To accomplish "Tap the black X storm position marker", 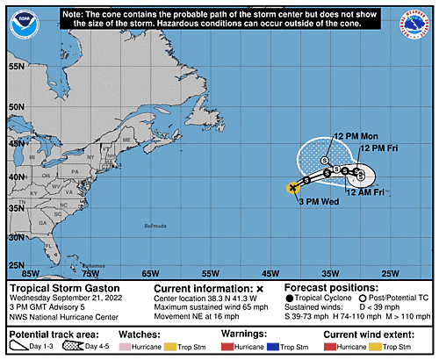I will tap(292, 187).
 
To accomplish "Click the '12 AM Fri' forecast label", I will tap(365, 191).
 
